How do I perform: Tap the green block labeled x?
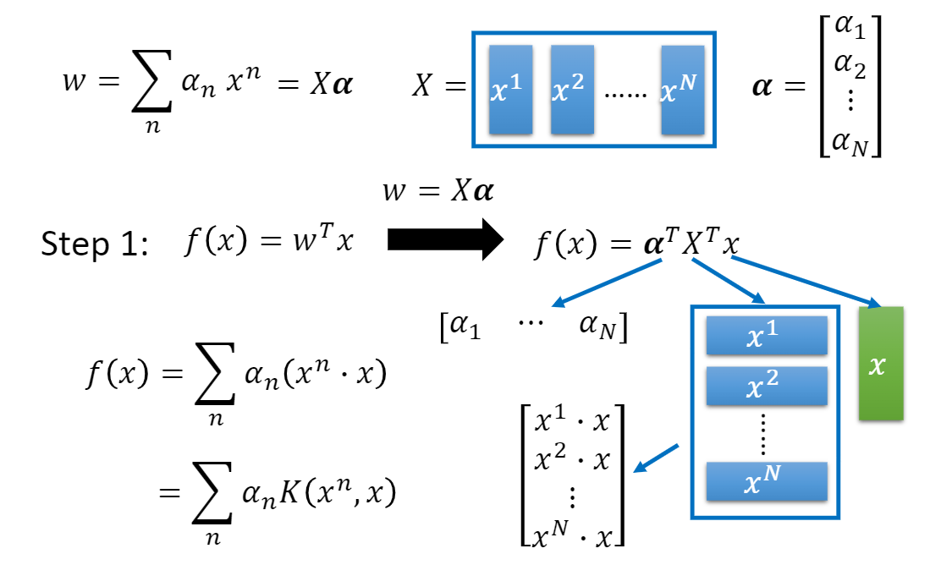pos(881,364)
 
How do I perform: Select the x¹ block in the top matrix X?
pos(510,90)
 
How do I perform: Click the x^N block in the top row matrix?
pos(683,90)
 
